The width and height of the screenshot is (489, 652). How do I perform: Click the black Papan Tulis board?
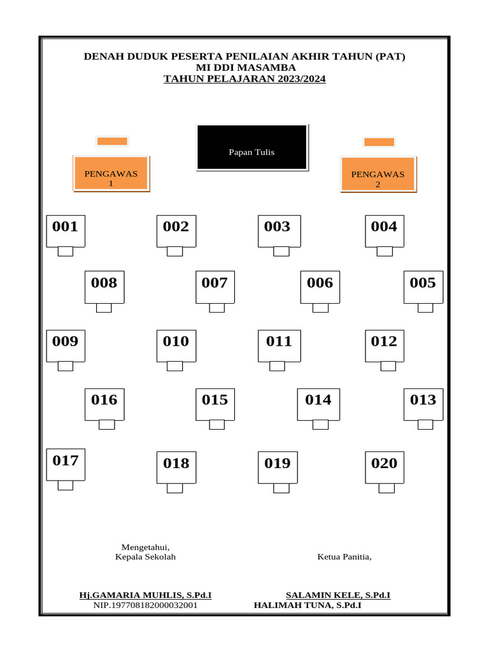(252, 147)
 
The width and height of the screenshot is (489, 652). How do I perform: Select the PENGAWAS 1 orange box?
(111, 173)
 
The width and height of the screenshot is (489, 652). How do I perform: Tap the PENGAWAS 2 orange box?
(378, 174)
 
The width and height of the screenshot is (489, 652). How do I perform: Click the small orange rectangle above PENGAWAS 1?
(112, 141)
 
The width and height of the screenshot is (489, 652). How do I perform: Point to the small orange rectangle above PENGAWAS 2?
(379, 142)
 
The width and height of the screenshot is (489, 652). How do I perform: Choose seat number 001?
(66, 230)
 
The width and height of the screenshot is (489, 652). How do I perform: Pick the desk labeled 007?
(215, 287)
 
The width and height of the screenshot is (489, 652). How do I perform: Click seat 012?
(384, 345)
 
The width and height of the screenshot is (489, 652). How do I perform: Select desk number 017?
(66, 464)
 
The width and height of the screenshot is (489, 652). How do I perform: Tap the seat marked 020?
(384, 467)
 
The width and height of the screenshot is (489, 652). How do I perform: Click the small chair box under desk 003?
(281, 252)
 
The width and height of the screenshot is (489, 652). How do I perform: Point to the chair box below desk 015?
(216, 425)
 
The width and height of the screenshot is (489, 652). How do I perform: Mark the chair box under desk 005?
(425, 308)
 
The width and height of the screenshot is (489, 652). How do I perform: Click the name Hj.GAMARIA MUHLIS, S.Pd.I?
(145, 595)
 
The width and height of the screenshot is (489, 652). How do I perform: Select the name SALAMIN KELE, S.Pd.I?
(338, 595)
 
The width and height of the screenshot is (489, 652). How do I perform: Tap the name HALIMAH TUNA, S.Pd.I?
(308, 605)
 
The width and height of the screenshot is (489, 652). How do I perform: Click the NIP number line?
(145, 605)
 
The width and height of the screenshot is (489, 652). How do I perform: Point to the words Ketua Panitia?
(344, 557)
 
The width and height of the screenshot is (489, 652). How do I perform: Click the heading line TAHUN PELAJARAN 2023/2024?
(244, 79)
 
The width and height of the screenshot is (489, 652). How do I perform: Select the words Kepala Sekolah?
(145, 557)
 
